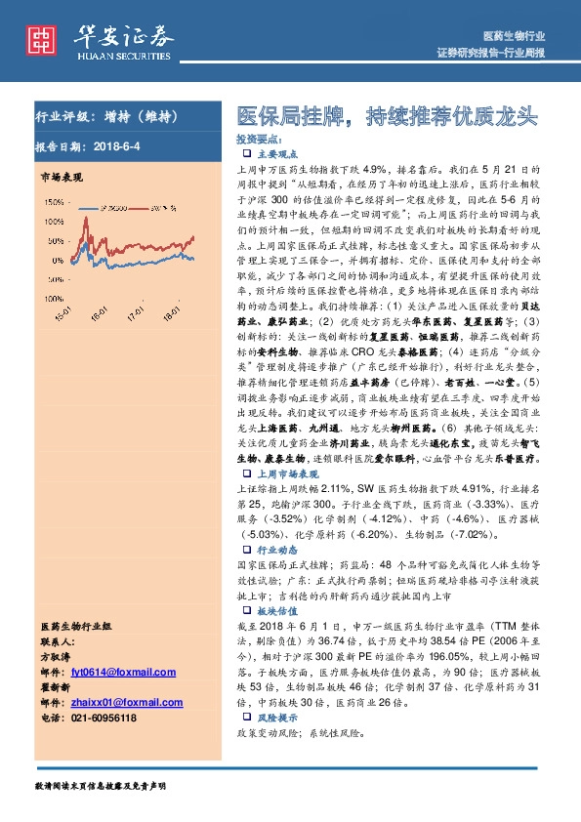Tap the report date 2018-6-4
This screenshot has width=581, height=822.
(x=120, y=145)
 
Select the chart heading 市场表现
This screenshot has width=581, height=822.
(x=62, y=177)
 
